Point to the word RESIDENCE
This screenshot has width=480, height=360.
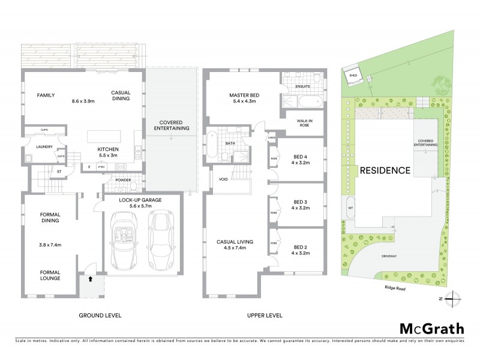[385, 170]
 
